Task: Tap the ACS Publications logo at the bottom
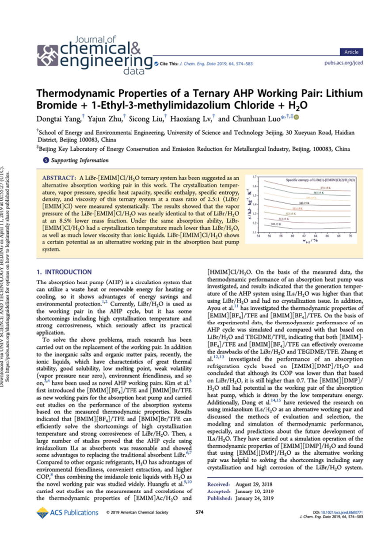tap(68, 513)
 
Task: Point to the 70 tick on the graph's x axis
tap(350, 236)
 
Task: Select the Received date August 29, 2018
tap(255, 484)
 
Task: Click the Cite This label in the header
tap(168, 63)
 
